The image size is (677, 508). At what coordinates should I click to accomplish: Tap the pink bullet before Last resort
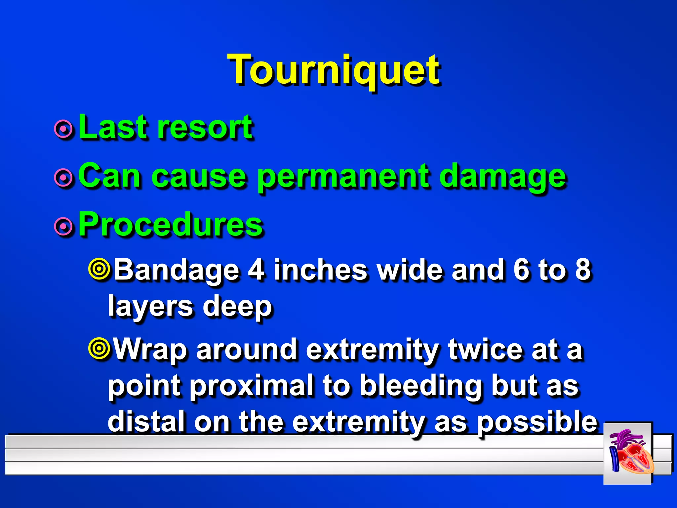(63, 129)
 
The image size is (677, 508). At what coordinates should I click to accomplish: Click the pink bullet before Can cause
(63, 178)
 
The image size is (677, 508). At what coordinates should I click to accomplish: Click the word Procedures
(171, 225)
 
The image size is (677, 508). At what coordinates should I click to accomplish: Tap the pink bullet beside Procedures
(63, 227)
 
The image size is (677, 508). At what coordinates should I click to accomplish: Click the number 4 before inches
(256, 270)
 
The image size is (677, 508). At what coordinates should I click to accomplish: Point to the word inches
(320, 270)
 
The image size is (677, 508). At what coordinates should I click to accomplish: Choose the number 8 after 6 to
(582, 270)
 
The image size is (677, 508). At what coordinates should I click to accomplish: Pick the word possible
(537, 422)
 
